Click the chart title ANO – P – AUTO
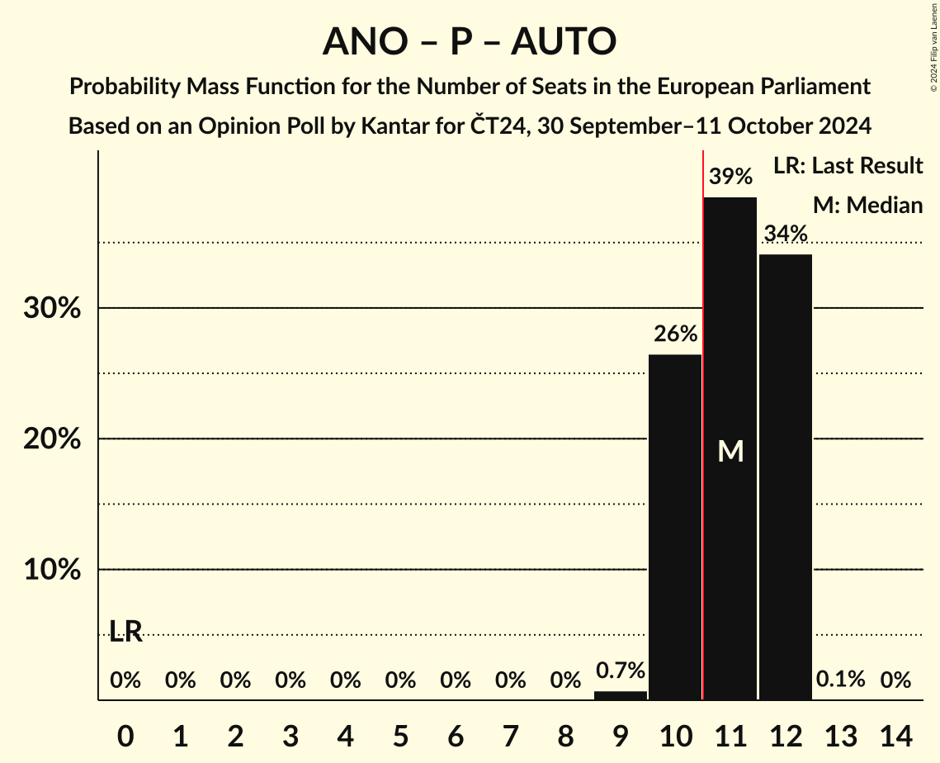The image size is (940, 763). click(x=469, y=41)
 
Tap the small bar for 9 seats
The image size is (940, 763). click(x=621, y=695)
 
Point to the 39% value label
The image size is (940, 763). click(x=730, y=177)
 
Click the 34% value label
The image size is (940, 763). click(x=786, y=234)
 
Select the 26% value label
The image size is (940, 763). click(x=675, y=334)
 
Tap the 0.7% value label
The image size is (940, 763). click(x=621, y=671)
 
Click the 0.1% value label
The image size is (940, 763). click(x=841, y=680)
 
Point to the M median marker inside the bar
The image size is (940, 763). click(x=730, y=451)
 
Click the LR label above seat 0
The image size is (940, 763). click(x=125, y=633)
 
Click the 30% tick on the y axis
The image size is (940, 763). click(x=51, y=309)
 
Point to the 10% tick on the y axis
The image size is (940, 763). click(x=51, y=571)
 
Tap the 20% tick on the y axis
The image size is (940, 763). click(x=51, y=439)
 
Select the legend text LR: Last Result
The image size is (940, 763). click(x=848, y=166)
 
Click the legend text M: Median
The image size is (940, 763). click(x=867, y=205)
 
